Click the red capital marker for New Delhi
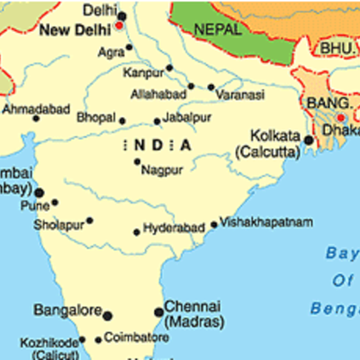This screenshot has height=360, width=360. click(119, 26)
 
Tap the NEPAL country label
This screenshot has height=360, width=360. click(217, 29)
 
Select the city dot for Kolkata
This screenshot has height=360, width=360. click(308, 140)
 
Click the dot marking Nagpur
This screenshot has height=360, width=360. click(137, 162)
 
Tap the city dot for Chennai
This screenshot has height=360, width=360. click(159, 311)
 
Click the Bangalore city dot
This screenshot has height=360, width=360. click(108, 314)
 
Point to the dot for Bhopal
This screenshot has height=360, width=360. click(122, 120)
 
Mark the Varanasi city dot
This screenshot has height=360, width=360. click(211, 87)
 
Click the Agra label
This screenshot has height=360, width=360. click(112, 53)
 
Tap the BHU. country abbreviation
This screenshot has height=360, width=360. click(335, 45)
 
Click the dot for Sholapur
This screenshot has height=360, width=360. click(89, 220)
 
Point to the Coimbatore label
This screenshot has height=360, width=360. click(136, 337)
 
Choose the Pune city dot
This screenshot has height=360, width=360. click(55, 202)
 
